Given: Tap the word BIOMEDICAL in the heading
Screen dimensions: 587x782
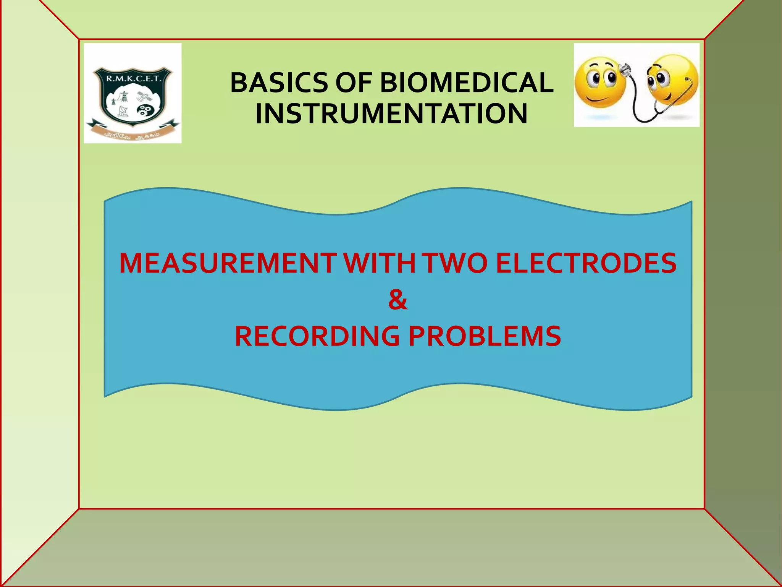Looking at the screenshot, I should tap(466, 83).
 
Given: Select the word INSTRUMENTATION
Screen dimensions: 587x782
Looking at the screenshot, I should tap(391, 114).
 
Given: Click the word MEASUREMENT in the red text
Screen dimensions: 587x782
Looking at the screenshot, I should tap(228, 263).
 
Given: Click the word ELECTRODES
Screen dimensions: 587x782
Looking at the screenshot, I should tap(586, 263).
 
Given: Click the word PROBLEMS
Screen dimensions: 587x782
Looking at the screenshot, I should tap(485, 336).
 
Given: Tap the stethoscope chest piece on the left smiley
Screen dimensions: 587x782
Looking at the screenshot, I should tap(624, 70).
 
